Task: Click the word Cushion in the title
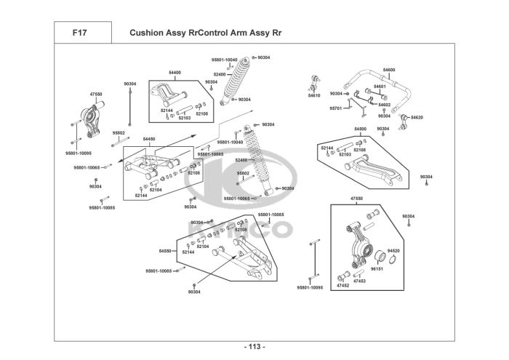point(147,33)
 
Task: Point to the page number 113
point(254,345)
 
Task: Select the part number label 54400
point(175,73)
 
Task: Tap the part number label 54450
point(149,138)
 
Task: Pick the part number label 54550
point(165,250)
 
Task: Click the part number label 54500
point(361,129)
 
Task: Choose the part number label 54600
point(389,70)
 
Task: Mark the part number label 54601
point(380,87)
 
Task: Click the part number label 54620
point(417,117)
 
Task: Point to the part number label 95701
point(335,108)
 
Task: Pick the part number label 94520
point(393,250)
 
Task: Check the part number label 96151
point(376,268)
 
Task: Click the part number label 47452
point(342,286)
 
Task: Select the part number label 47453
point(359,281)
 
